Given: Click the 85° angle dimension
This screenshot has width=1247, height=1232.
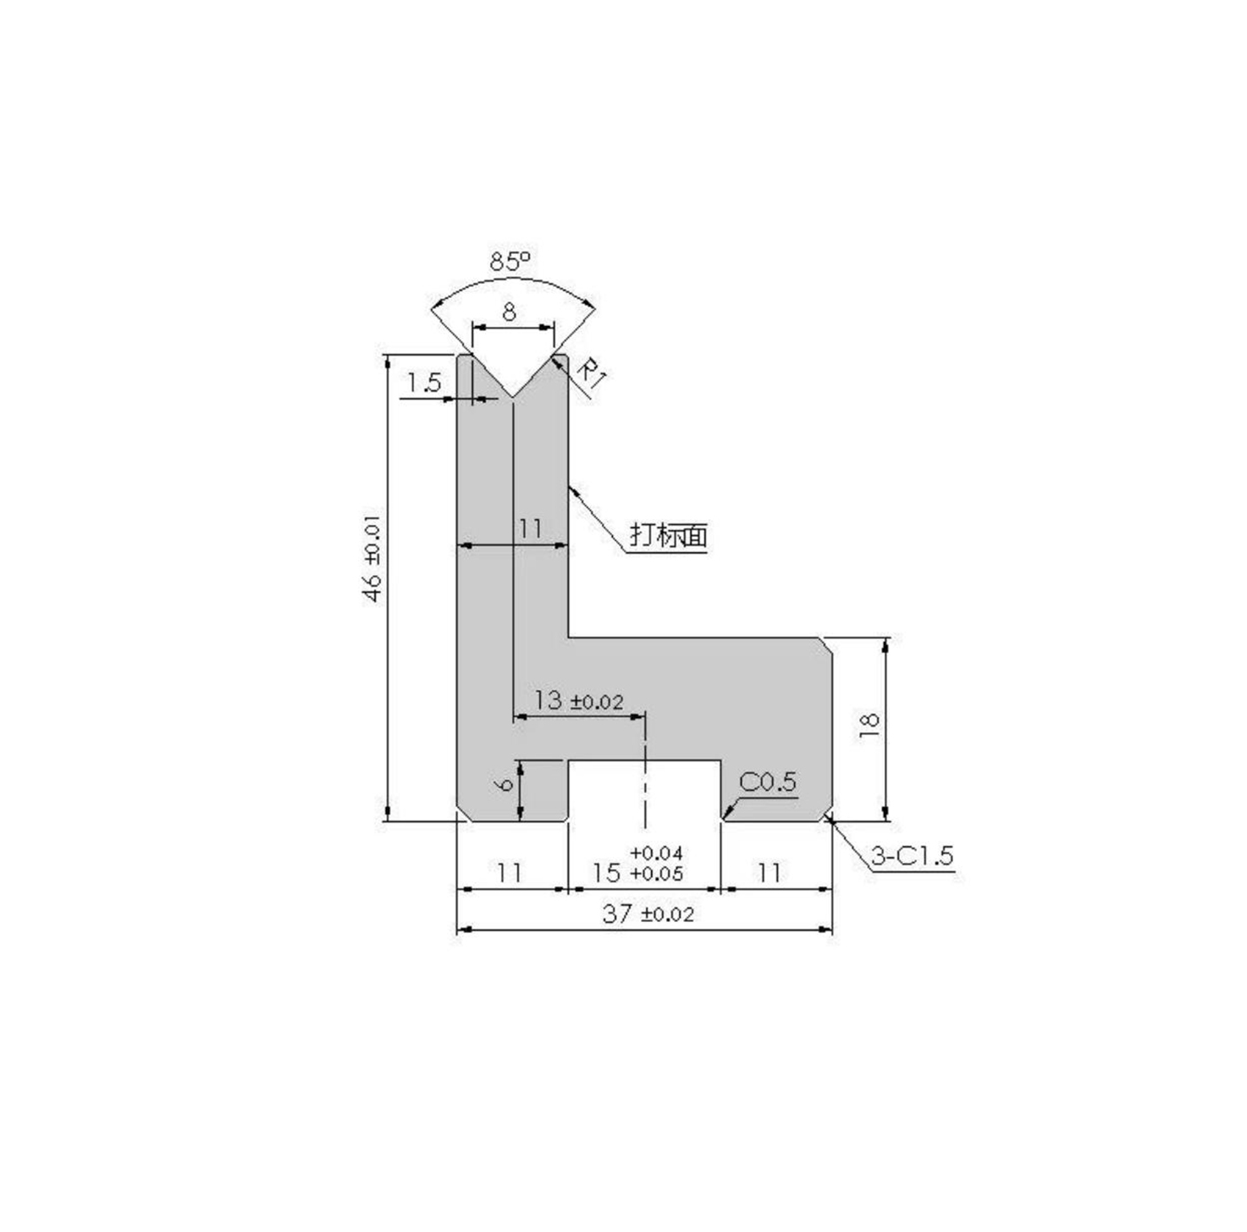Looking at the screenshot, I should tap(510, 261).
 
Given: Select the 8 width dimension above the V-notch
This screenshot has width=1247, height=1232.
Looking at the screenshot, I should tap(509, 312).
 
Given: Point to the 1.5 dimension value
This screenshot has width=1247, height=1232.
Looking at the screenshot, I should tap(423, 383).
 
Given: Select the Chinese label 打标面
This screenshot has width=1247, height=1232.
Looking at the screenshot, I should tap(668, 535).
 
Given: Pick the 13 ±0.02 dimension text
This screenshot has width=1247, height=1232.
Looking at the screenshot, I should tap(578, 700).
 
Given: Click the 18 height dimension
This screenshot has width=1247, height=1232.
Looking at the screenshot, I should tap(869, 726).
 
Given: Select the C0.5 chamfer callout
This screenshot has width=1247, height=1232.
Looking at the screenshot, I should tap(767, 782).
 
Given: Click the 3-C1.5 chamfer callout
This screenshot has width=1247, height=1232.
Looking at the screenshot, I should tap(912, 856).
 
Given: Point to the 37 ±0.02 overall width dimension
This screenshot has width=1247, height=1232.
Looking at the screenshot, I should tap(648, 914).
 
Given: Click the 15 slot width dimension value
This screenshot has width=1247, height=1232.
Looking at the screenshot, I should tap(607, 872).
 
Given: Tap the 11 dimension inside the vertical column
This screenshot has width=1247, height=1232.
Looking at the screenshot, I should tap(529, 528).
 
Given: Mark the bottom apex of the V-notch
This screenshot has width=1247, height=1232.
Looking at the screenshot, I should tap(513, 396).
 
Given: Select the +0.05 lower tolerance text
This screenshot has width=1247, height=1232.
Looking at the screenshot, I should tap(656, 873).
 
